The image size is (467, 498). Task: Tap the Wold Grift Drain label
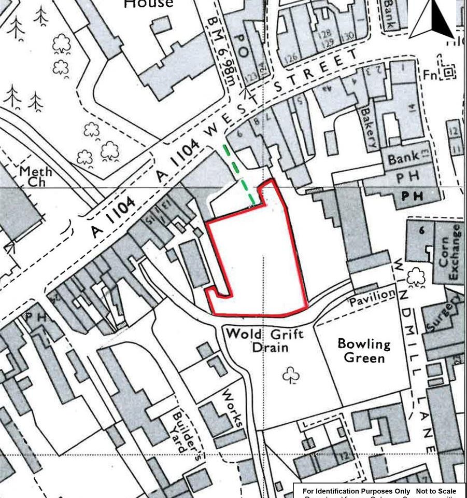click(x=257, y=339)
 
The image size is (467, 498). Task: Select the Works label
click(x=233, y=408)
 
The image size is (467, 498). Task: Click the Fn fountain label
click(x=430, y=75)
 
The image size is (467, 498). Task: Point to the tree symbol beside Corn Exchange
click(x=416, y=278)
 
